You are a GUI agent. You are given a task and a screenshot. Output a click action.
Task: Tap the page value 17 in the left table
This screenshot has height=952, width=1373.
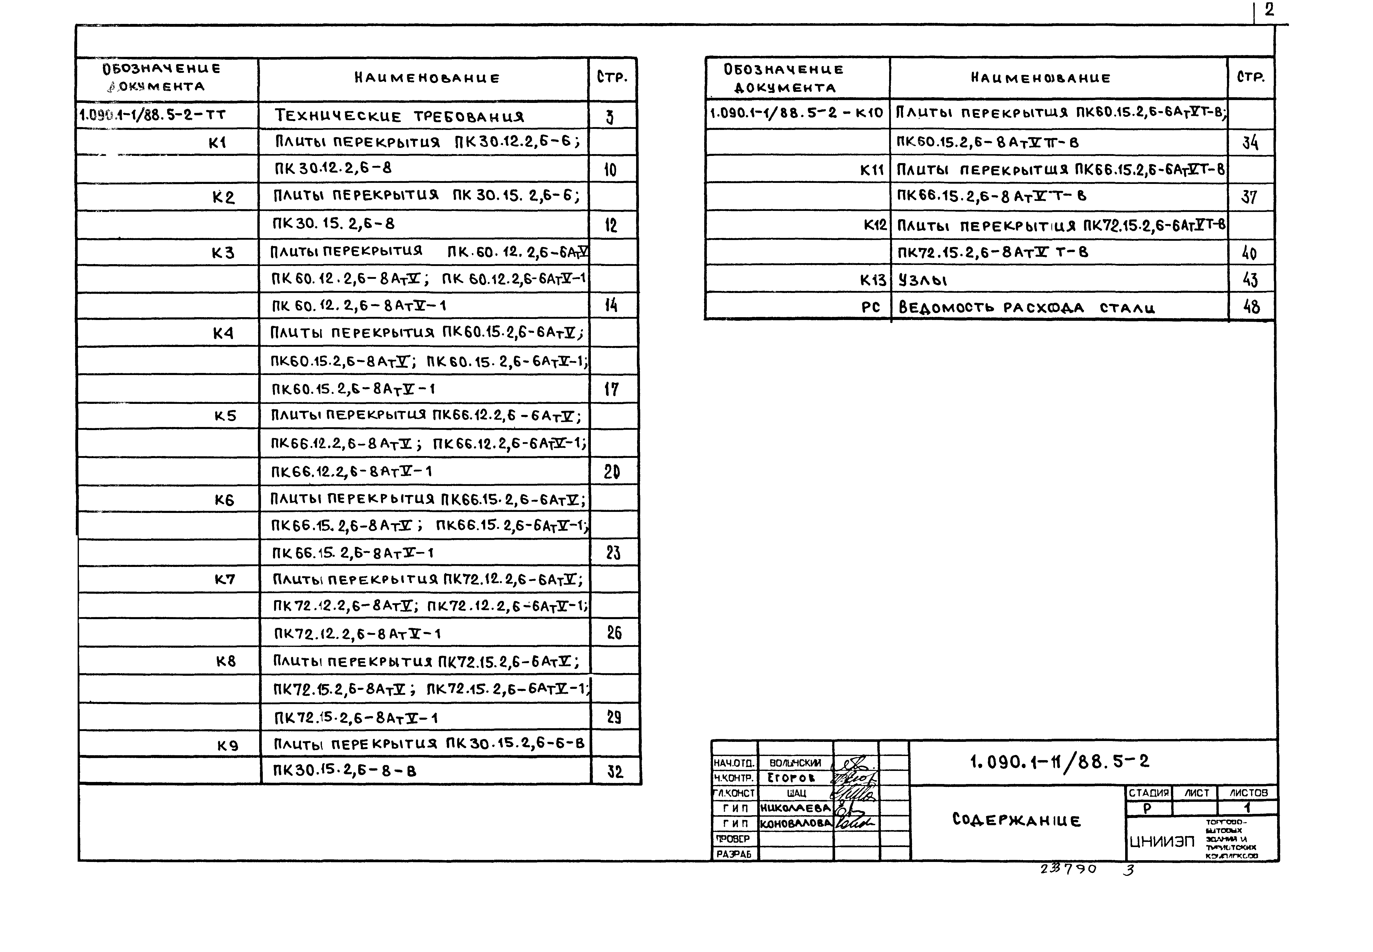pos(612,389)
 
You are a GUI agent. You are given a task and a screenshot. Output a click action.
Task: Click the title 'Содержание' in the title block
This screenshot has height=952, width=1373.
pos(1016,820)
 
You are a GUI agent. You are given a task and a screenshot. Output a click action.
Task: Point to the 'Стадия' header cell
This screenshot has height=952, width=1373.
pos(1148,793)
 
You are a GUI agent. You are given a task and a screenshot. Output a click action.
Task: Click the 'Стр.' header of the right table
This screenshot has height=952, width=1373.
pos(1251,77)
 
